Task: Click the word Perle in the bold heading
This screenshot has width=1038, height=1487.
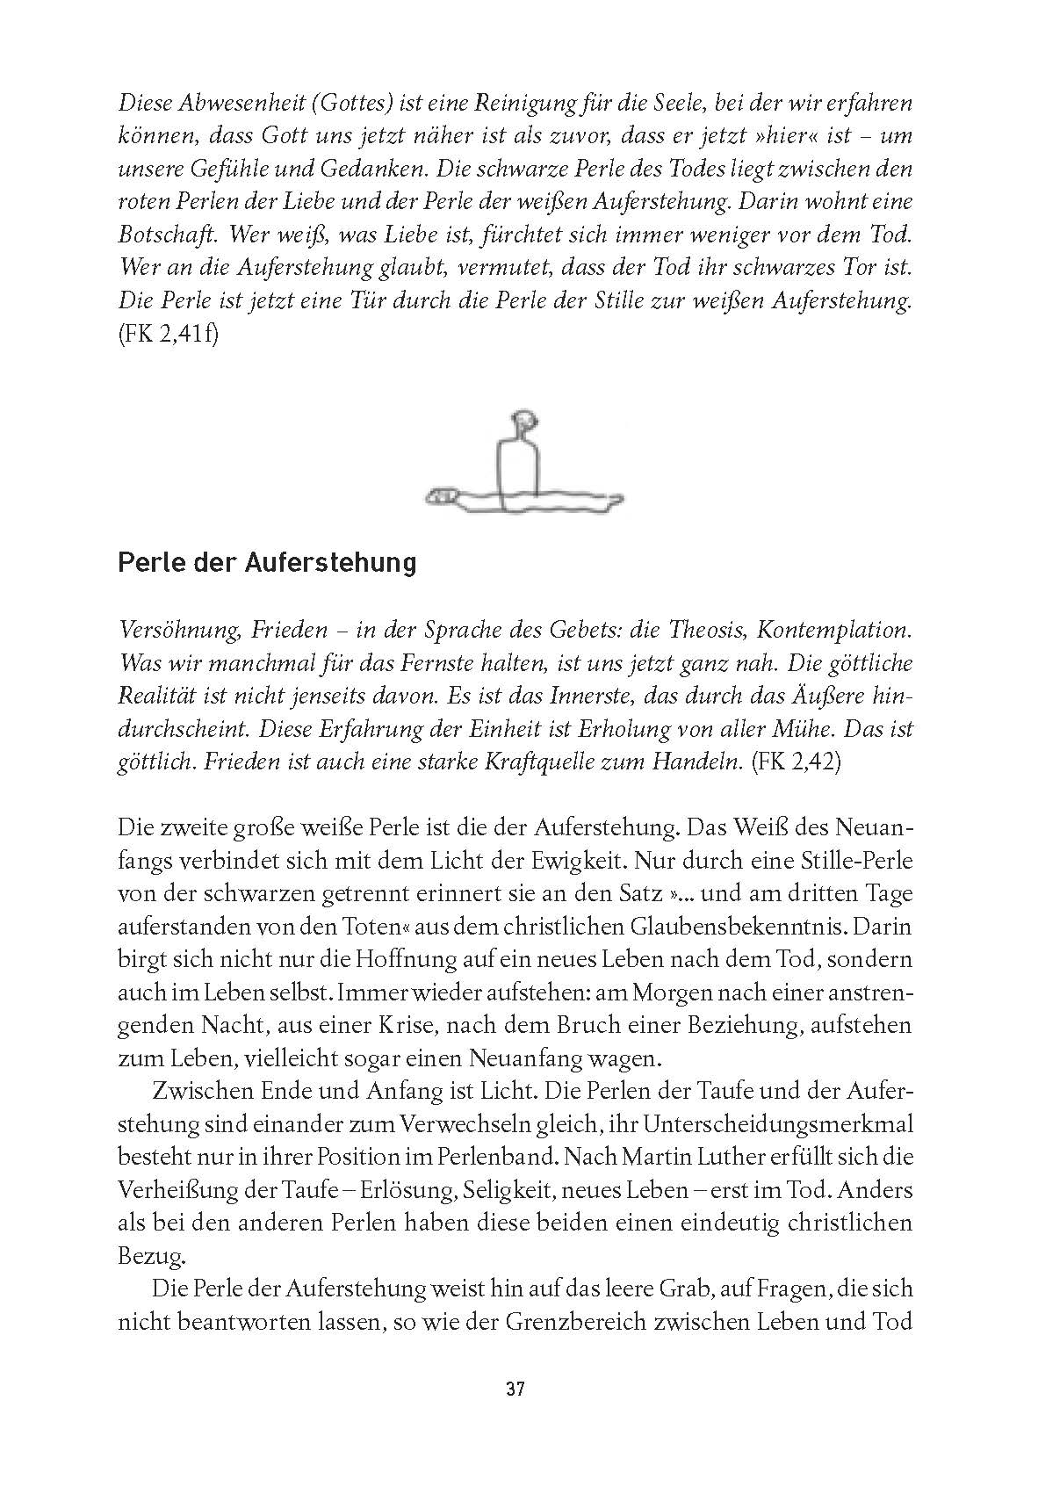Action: pos(145,562)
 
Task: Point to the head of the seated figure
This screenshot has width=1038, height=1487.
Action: pos(524,422)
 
